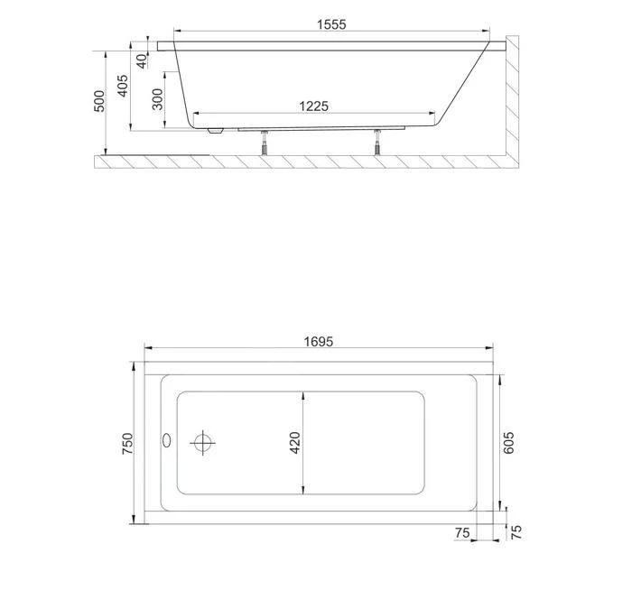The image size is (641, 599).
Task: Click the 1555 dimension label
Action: click(331, 25)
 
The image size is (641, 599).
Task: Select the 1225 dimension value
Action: click(313, 106)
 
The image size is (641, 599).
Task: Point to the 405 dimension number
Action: click(123, 87)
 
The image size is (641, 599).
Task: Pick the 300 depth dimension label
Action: click(158, 99)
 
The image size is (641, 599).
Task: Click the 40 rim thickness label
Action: click(141, 60)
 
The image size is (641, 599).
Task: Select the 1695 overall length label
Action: click(319, 341)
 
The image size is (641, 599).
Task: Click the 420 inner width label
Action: click(295, 443)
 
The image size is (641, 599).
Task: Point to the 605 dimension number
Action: click(509, 443)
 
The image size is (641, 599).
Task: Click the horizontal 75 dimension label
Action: click(462, 533)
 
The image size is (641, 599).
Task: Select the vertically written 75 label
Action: click(516, 532)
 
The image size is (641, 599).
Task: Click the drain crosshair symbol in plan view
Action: click(203, 443)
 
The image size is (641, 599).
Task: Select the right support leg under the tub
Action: click(377, 143)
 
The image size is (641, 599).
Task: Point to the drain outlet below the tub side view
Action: click(215, 131)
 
